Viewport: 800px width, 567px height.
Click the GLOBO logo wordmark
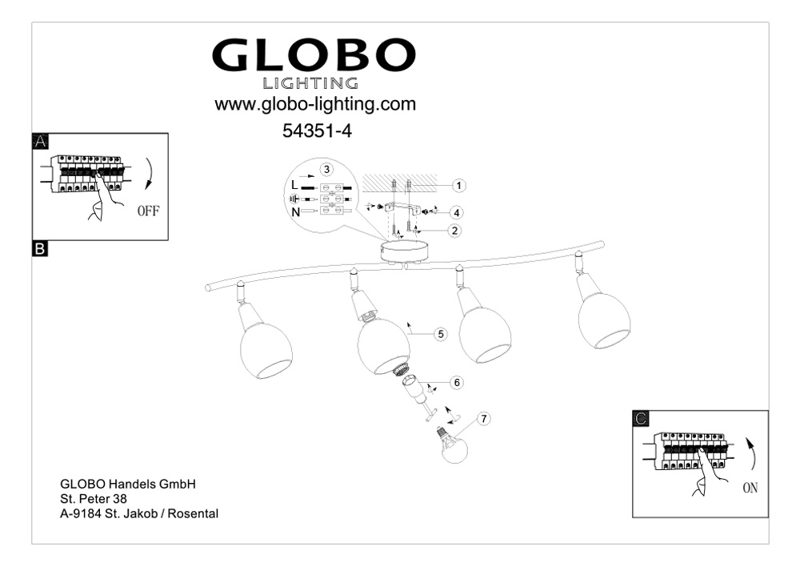pyautogui.click(x=314, y=54)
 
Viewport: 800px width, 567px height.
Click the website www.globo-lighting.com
pyautogui.click(x=314, y=104)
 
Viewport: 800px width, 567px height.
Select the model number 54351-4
pyautogui.click(x=317, y=131)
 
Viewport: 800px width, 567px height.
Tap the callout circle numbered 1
pyautogui.click(x=458, y=186)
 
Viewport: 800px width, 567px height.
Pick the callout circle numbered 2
pyautogui.click(x=454, y=231)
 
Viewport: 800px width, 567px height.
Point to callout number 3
pyautogui.click(x=326, y=169)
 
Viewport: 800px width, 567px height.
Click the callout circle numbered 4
pyautogui.click(x=456, y=212)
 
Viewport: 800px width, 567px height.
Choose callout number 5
pyautogui.click(x=441, y=334)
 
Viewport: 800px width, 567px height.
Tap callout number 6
pyautogui.click(x=457, y=382)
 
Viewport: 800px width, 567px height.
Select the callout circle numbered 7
pyautogui.click(x=484, y=419)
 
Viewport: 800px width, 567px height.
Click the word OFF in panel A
pyautogui.click(x=148, y=211)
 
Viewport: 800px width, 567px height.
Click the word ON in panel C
pyautogui.click(x=750, y=488)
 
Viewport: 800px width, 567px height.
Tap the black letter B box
pyautogui.click(x=40, y=249)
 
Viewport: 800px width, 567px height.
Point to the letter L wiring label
pyautogui.click(x=294, y=185)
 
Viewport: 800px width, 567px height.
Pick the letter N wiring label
pyautogui.click(x=295, y=212)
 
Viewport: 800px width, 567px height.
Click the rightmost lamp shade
pyautogui.click(x=604, y=320)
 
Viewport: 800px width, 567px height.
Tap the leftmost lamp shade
pyautogui.click(x=266, y=351)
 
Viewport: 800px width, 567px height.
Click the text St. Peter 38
pyautogui.click(x=94, y=499)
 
